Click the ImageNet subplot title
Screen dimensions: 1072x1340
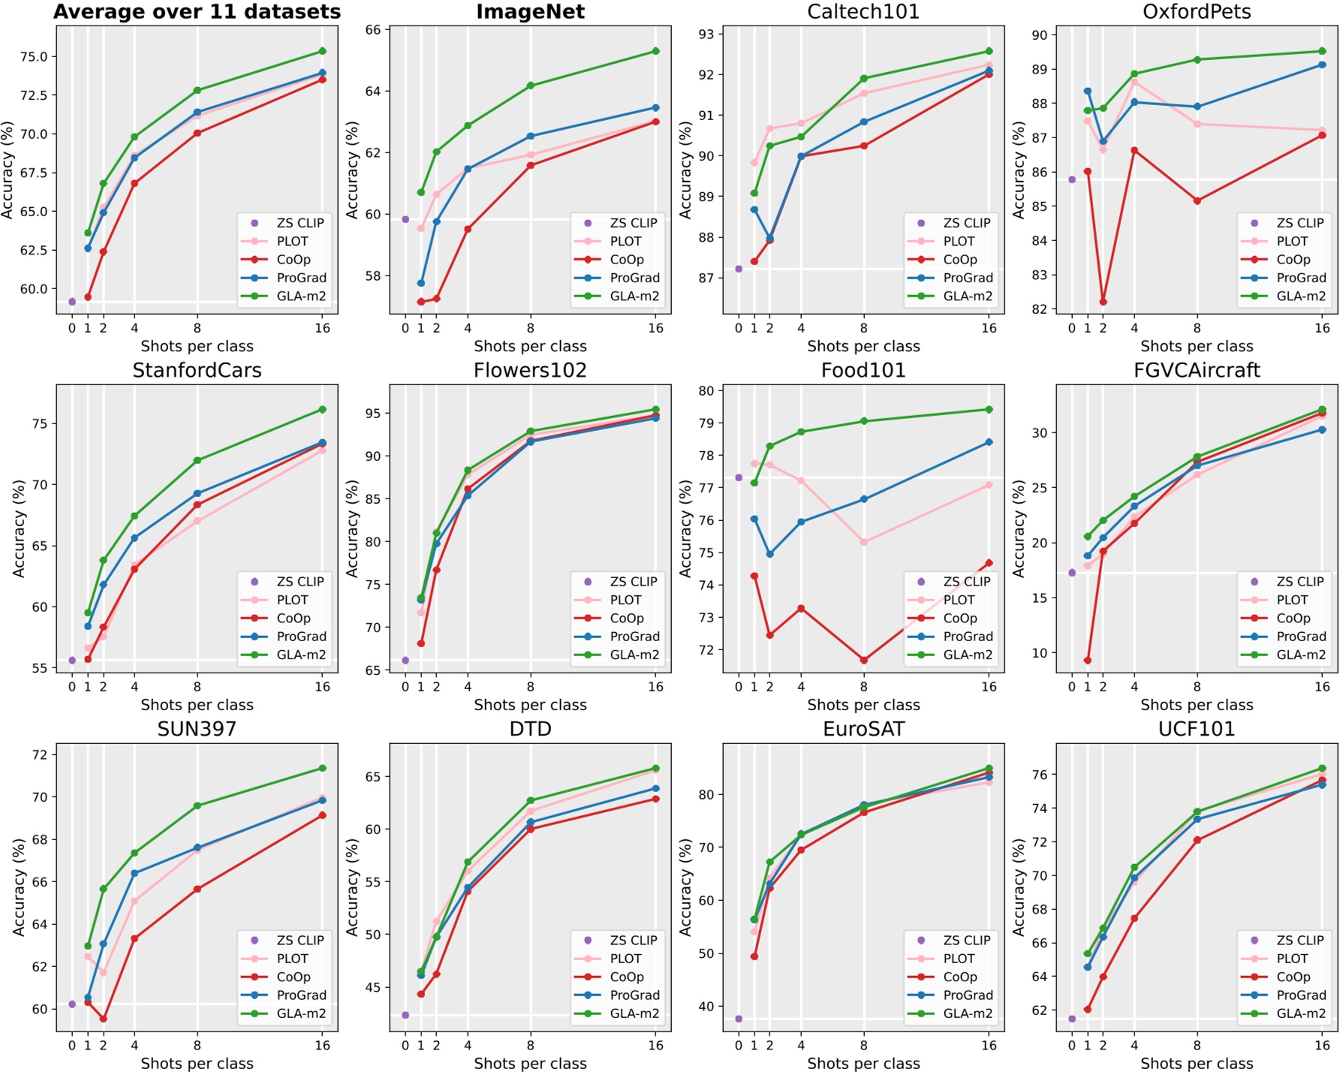(530, 12)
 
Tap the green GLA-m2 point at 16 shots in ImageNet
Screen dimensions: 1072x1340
(655, 51)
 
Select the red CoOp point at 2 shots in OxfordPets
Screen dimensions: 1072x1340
(1103, 302)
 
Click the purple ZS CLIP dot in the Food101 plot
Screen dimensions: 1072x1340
(739, 477)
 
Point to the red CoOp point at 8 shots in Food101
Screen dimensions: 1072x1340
(864, 660)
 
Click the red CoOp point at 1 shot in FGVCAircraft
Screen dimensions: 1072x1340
(1088, 661)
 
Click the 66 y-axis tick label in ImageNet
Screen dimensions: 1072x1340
(373, 30)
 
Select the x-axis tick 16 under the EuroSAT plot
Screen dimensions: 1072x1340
(989, 1045)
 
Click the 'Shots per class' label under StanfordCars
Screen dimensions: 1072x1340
(197, 705)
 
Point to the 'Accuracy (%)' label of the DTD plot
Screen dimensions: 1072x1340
(352, 887)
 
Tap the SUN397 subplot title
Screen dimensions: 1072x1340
(197, 729)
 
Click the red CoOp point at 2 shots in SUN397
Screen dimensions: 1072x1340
(104, 1019)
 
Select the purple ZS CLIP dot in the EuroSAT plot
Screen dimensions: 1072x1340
(739, 1019)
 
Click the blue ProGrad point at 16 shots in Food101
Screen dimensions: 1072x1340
(989, 442)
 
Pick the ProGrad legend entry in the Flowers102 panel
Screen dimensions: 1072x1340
(634, 637)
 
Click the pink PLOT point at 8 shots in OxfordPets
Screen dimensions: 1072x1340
(1197, 124)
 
